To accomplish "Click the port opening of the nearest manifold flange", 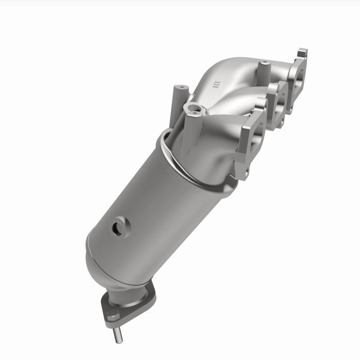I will [249, 135].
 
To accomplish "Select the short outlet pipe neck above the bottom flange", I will [126, 292].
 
